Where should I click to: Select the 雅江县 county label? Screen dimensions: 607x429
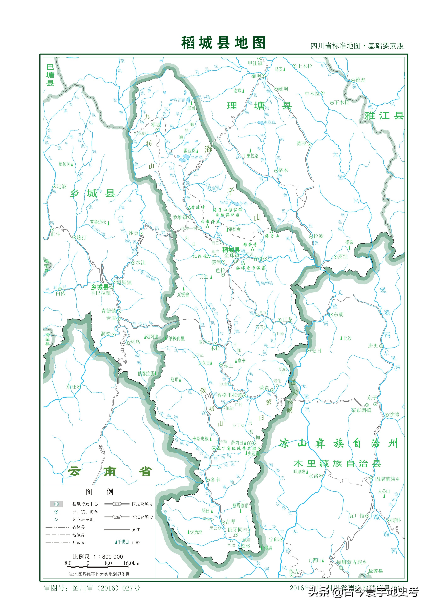[384, 116]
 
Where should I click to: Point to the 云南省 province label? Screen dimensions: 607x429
[109, 471]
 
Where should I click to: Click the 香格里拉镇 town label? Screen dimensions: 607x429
[229, 395]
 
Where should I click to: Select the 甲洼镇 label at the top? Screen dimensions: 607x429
[255, 63]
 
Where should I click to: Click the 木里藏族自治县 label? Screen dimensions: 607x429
[337, 463]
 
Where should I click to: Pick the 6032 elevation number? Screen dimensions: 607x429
[251, 443]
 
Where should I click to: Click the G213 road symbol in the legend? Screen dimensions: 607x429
[117, 504]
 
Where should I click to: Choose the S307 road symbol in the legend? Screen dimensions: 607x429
[117, 517]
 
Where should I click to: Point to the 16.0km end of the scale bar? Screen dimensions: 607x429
[131, 563]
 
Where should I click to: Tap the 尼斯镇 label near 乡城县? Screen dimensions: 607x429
[124, 282]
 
